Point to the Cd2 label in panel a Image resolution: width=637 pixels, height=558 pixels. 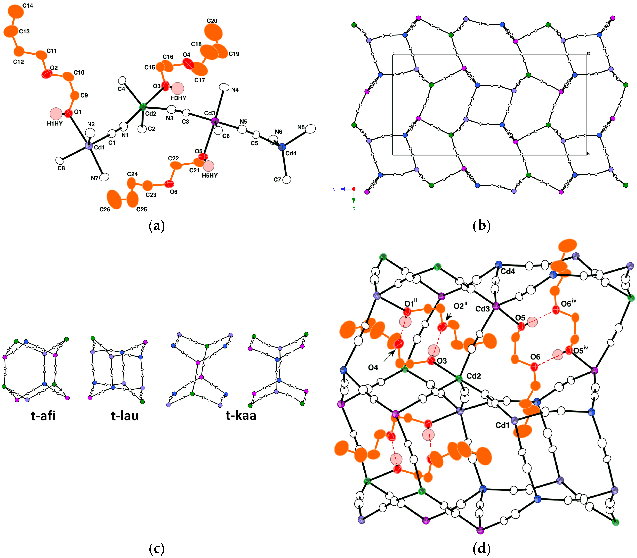151,114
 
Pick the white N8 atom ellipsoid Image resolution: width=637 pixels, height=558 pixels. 310,129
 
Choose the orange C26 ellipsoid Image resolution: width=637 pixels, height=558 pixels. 114,199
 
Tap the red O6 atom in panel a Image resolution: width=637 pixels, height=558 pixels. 169,184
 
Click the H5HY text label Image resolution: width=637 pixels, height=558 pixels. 210,176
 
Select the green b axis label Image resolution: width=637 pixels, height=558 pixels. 353,208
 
